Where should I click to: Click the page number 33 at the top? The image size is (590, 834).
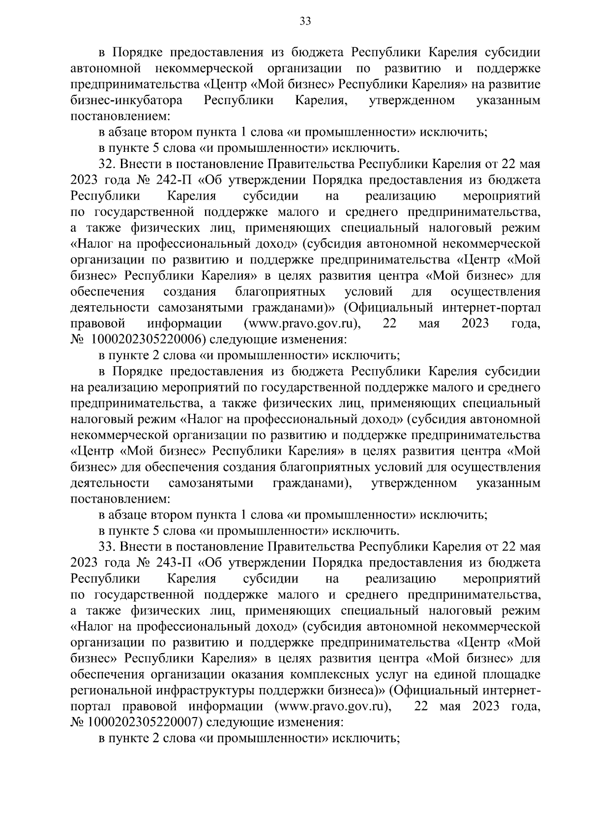305,22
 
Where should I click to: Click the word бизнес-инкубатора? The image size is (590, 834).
127,101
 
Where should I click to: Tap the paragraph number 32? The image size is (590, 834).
107,164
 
